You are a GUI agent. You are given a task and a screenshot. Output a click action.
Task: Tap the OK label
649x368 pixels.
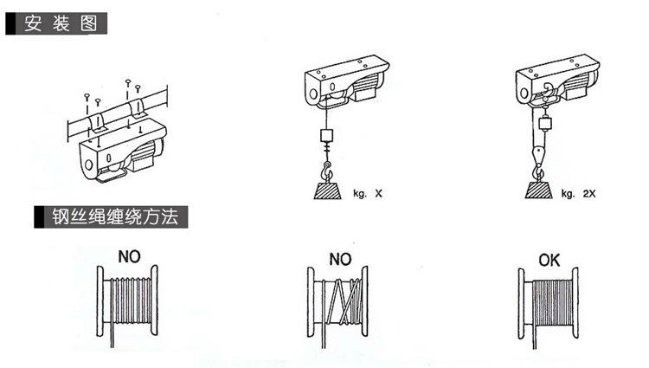click(549, 259)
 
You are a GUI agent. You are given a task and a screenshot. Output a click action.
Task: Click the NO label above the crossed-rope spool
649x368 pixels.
click(339, 259)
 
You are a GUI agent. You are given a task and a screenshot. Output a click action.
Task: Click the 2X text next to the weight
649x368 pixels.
click(590, 194)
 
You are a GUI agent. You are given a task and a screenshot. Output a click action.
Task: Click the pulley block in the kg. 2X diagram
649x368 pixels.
click(537, 156)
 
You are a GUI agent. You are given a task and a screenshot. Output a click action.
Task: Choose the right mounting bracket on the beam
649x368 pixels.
click(138, 107)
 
